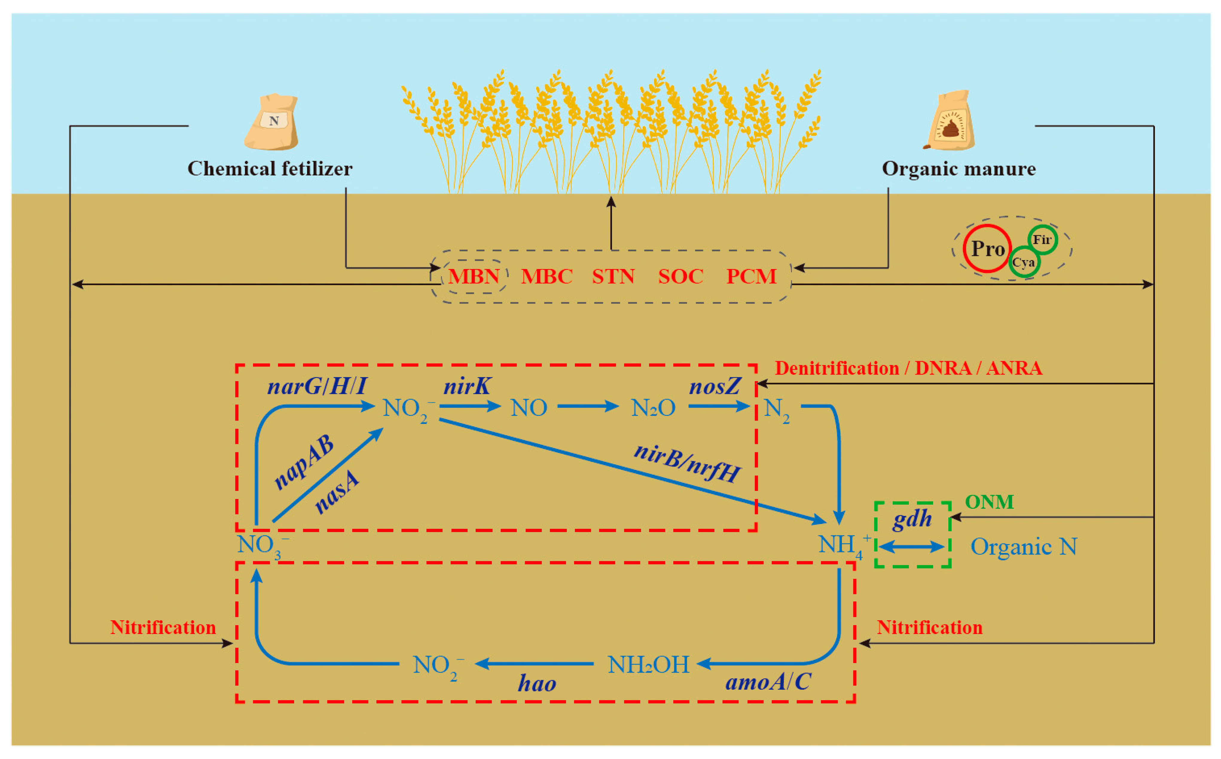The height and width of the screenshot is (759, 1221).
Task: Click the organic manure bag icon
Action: [950, 121]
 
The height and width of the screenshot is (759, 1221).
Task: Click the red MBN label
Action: [474, 277]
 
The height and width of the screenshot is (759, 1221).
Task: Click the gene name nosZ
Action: [715, 387]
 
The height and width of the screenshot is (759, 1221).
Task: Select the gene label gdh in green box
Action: [912, 519]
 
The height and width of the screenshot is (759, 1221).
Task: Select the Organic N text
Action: [1023, 547]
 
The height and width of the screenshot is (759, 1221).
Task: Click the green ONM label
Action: [989, 502]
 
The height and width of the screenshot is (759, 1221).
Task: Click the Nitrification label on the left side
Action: [163, 627]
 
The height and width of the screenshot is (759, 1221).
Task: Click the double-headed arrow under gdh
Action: [912, 547]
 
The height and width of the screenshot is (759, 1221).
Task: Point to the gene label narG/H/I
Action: [317, 387]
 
